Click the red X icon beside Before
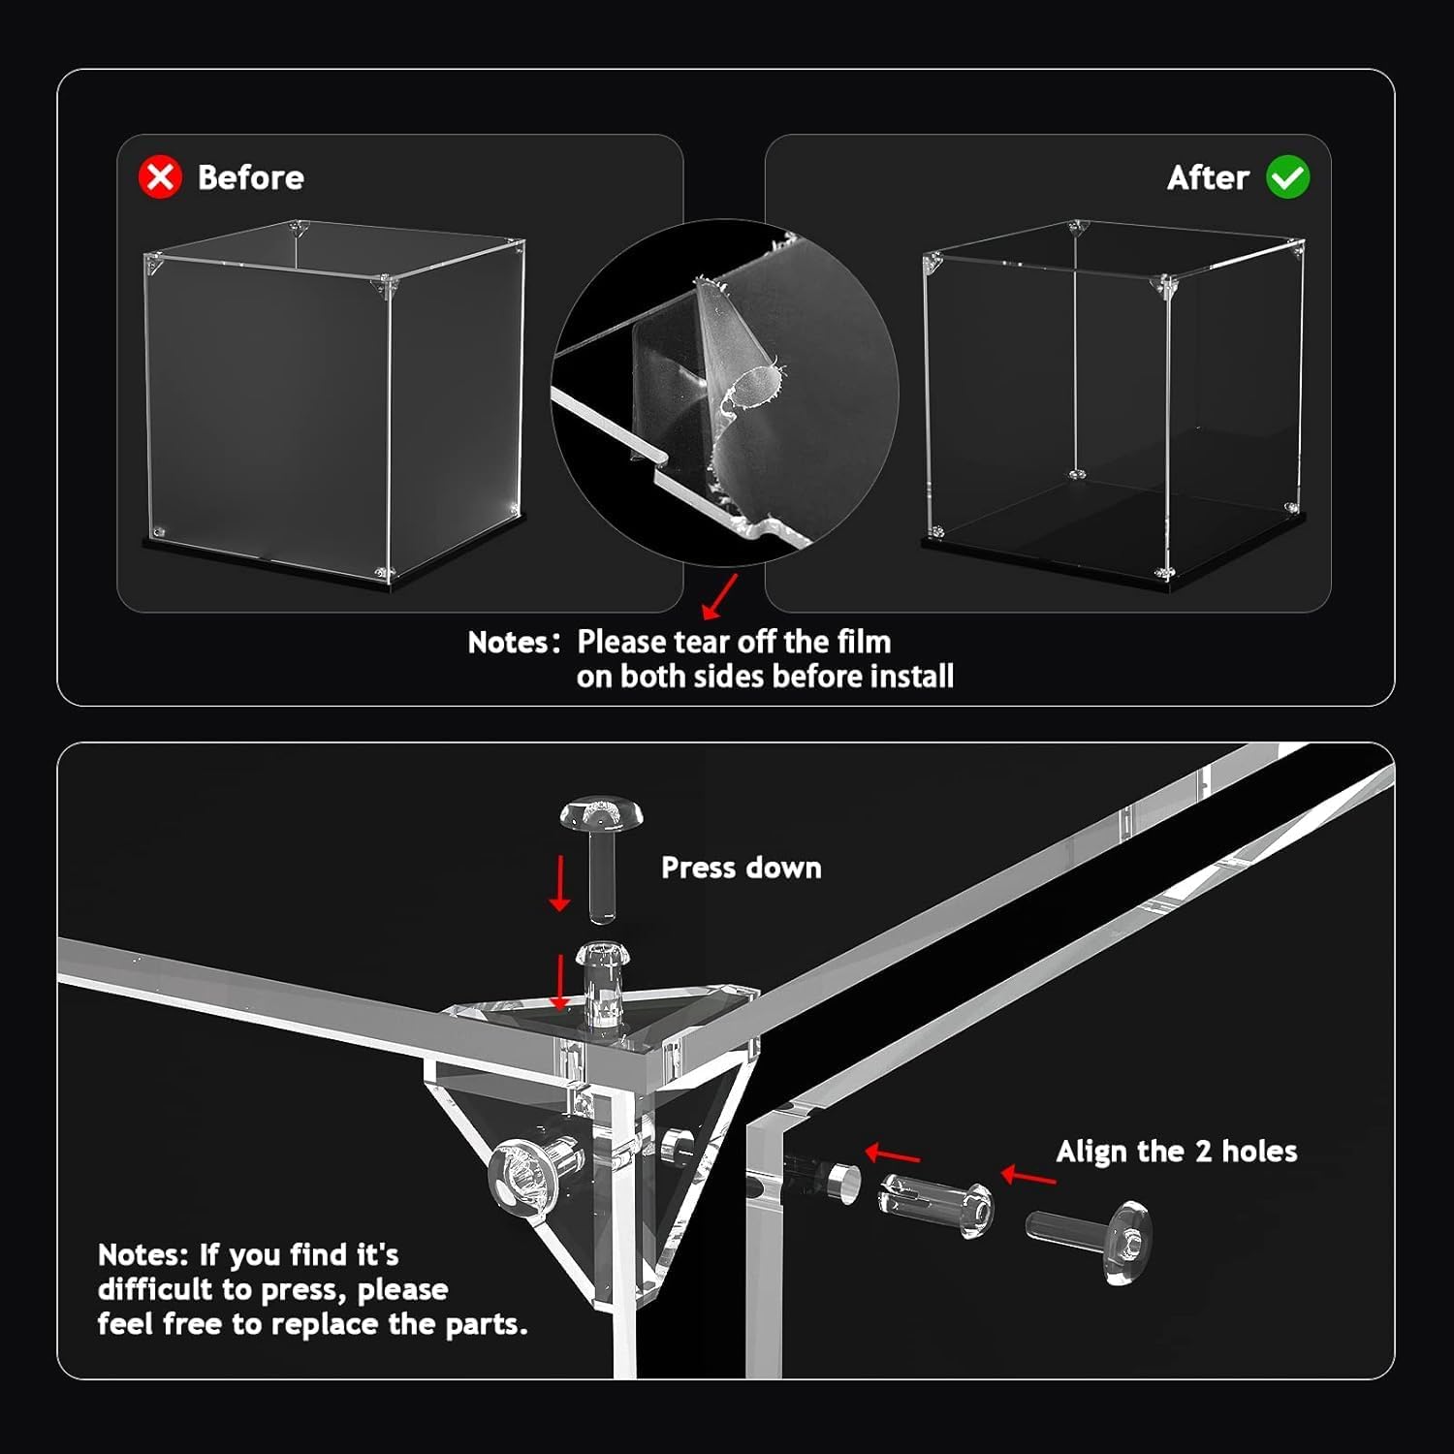coord(160,177)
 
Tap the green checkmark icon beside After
coord(1288,177)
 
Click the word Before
coord(250,177)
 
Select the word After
coord(1208,177)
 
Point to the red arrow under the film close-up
coord(719,596)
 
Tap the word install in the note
coord(912,676)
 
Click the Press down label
coord(741,868)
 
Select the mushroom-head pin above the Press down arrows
coord(602,858)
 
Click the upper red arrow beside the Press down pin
coord(559,883)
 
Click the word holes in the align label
coord(1259,1152)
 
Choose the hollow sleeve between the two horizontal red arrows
coord(935,1205)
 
